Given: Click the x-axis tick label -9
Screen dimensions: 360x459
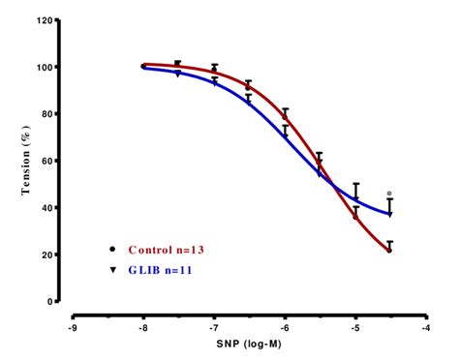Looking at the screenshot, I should (73, 326).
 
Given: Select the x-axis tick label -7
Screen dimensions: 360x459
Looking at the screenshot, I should (213, 326).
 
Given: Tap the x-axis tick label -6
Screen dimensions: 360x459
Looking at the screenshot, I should (284, 326).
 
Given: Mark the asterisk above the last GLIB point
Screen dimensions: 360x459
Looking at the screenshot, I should (389, 194).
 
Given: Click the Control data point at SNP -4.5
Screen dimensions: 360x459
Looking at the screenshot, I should (390, 250).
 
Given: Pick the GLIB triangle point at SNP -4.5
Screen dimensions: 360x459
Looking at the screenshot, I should (390, 214).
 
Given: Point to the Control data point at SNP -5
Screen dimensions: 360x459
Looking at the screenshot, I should (355, 216).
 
